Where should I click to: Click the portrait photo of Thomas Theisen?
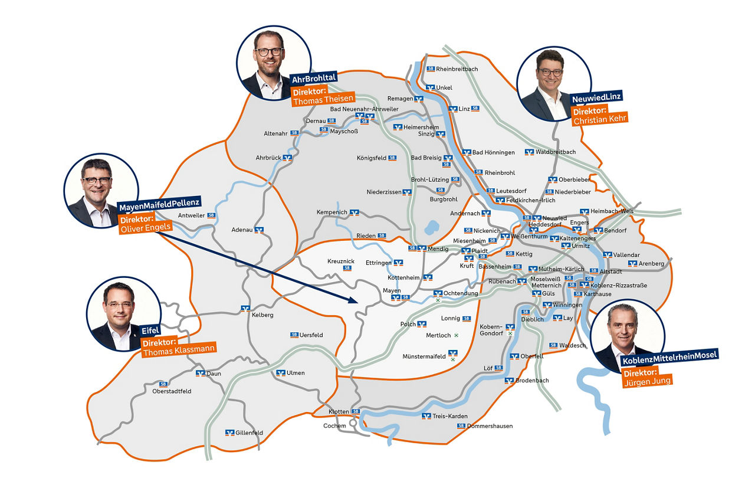point(273,63)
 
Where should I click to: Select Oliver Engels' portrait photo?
point(100,191)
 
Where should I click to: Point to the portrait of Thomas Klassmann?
point(123,314)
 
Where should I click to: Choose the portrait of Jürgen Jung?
point(627,336)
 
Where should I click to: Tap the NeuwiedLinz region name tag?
point(596,97)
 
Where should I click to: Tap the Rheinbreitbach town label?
point(457,69)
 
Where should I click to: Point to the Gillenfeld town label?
point(249,433)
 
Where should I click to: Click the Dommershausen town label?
point(490,426)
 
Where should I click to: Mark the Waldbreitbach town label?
point(555,152)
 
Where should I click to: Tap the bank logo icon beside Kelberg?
point(245,308)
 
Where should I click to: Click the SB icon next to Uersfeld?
point(294,335)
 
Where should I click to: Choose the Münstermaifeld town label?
point(424,356)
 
